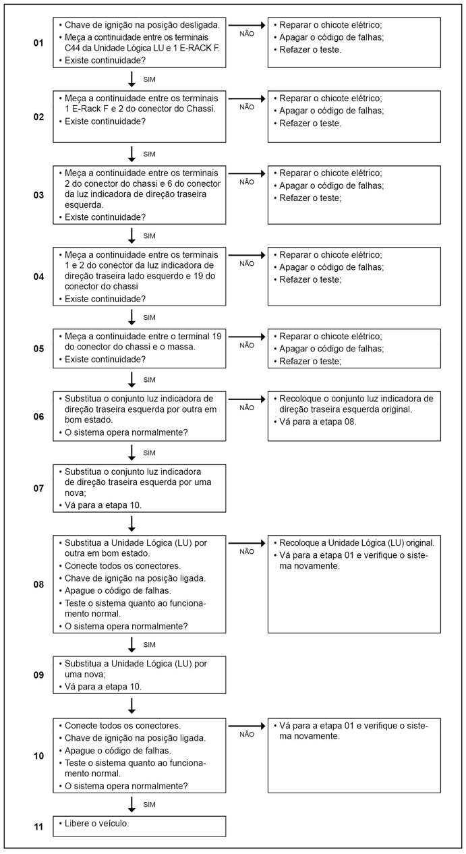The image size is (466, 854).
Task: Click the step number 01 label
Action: tap(38, 42)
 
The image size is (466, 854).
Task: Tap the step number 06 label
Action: tap(38, 416)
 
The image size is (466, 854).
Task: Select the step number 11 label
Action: tap(38, 826)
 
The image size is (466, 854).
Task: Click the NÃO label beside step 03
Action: tap(247, 181)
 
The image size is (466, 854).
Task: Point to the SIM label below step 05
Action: tap(150, 379)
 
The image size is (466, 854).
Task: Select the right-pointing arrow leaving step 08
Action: tap(247, 542)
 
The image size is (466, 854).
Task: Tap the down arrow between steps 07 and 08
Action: tap(132, 523)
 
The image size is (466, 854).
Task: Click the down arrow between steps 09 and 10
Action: tap(132, 705)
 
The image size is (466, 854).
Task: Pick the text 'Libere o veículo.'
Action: tap(97, 824)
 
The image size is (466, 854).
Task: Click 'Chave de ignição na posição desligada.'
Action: tap(142, 24)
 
